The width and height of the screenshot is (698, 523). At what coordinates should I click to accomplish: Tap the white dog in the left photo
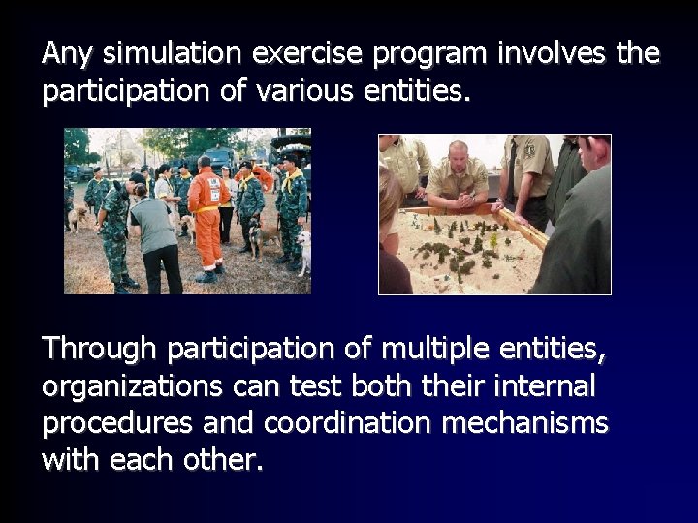point(302,250)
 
